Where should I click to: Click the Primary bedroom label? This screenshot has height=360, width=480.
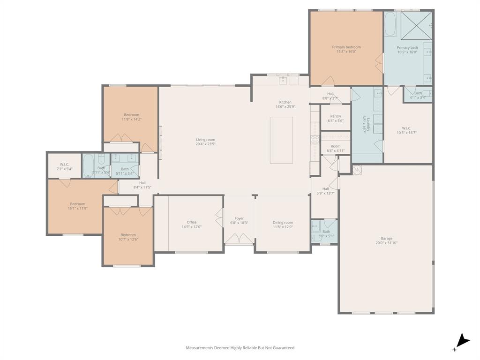click(x=346, y=47)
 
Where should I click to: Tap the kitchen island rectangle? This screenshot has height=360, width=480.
click(x=281, y=140)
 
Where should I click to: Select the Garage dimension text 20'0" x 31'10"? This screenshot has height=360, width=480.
click(x=386, y=243)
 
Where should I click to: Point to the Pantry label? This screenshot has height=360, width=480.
click(x=336, y=116)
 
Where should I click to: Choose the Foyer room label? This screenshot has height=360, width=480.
click(x=239, y=218)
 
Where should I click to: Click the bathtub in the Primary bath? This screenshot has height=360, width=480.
click(x=390, y=24)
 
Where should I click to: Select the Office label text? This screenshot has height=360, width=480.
click(x=191, y=222)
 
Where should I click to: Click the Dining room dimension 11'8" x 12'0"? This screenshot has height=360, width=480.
click(x=283, y=227)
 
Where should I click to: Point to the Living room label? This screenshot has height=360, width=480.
click(x=205, y=139)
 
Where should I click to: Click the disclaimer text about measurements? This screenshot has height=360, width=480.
click(x=240, y=348)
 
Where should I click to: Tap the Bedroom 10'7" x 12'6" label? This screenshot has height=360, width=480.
click(x=128, y=235)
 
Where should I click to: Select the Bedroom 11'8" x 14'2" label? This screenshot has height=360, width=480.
click(x=132, y=115)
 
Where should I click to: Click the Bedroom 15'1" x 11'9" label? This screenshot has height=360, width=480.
click(x=78, y=204)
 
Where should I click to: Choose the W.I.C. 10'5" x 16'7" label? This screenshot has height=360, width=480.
click(x=406, y=128)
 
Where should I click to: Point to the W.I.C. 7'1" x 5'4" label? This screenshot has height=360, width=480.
click(x=65, y=165)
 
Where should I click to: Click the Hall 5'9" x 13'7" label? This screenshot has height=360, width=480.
click(x=325, y=189)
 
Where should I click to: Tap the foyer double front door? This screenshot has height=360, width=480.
click(x=239, y=239)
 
